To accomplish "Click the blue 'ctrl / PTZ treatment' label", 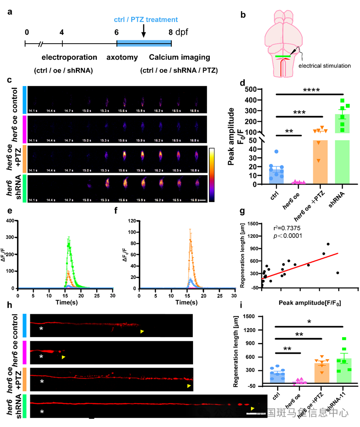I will [x=146, y=20].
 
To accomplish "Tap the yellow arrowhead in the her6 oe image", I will [x=63, y=357].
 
